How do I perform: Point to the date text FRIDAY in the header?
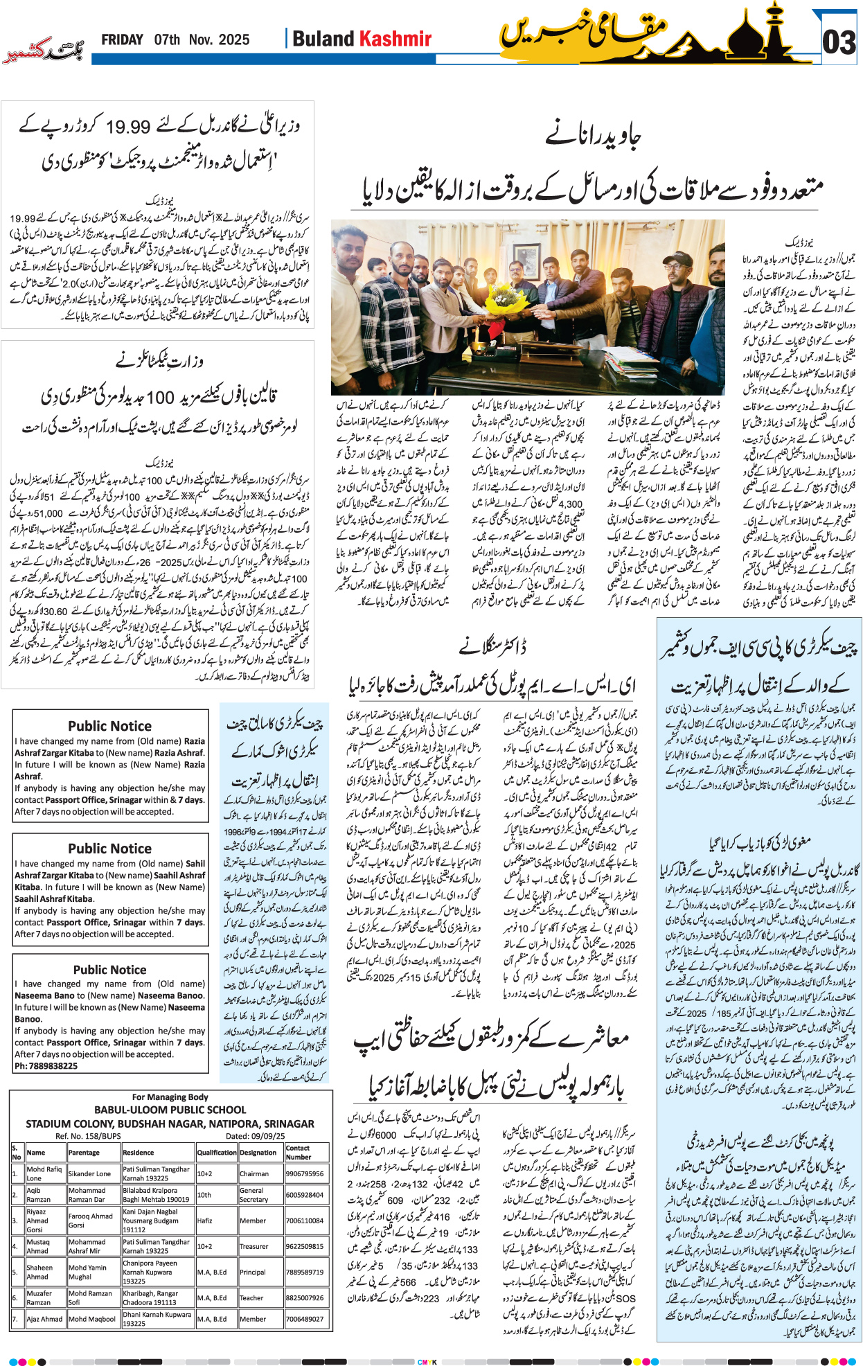coord(122,40)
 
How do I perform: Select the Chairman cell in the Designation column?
coord(253,1173)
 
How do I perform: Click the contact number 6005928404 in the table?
coord(305,1194)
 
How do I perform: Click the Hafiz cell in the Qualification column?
coord(204,1221)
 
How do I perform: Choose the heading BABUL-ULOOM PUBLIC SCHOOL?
coord(170,1109)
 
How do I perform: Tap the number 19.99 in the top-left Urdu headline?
coord(128,127)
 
